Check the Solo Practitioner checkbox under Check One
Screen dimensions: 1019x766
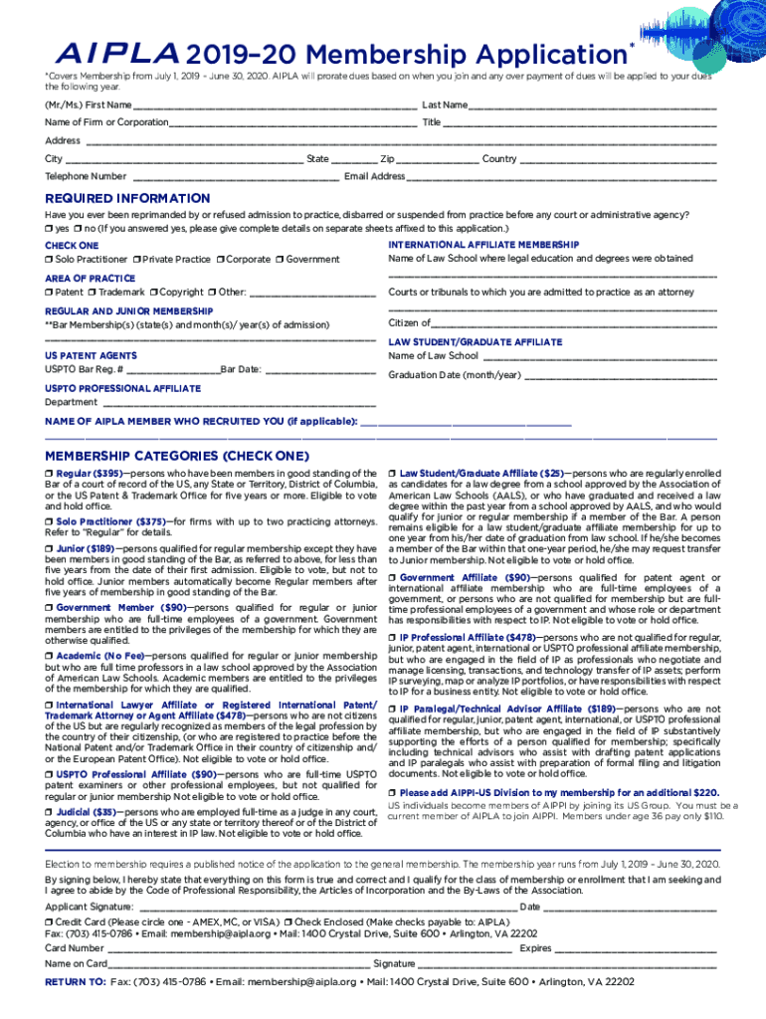pyautogui.click(x=49, y=260)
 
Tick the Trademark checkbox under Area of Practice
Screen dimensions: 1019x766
pyautogui.click(x=92, y=293)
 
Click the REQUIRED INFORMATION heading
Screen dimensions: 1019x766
pyautogui.click(x=127, y=198)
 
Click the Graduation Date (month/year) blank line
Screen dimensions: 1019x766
pyautogui.click(x=619, y=377)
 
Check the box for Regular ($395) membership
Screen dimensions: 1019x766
pyautogui.click(x=49, y=473)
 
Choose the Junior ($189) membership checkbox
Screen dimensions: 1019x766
pyautogui.click(x=49, y=547)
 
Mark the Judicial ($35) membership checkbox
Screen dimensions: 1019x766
pyautogui.click(x=49, y=812)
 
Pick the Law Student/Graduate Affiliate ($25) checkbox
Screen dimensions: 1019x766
pyautogui.click(x=393, y=473)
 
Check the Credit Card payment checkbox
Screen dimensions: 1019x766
pyautogui.click(x=49, y=922)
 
